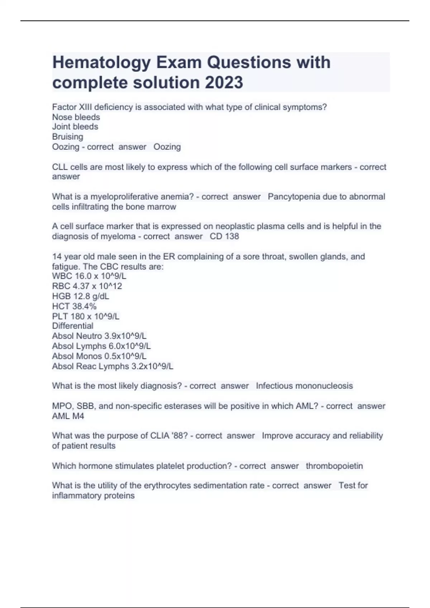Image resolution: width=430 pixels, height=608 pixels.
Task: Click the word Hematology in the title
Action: (102, 63)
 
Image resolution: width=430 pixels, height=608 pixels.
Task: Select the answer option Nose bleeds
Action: (76, 117)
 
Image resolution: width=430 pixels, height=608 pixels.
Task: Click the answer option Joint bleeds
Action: (75, 127)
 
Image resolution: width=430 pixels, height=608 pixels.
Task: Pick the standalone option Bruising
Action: (67, 137)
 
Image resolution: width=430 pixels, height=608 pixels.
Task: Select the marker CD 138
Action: (224, 236)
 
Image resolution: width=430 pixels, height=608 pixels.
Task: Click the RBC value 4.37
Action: (82, 286)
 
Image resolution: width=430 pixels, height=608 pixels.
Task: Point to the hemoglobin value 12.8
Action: (81, 296)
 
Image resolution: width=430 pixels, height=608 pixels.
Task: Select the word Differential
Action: (73, 326)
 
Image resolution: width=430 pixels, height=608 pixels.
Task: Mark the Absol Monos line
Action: (99, 356)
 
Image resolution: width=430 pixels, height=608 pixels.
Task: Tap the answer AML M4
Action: (68, 416)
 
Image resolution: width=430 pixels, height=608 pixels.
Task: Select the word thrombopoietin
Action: (334, 466)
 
